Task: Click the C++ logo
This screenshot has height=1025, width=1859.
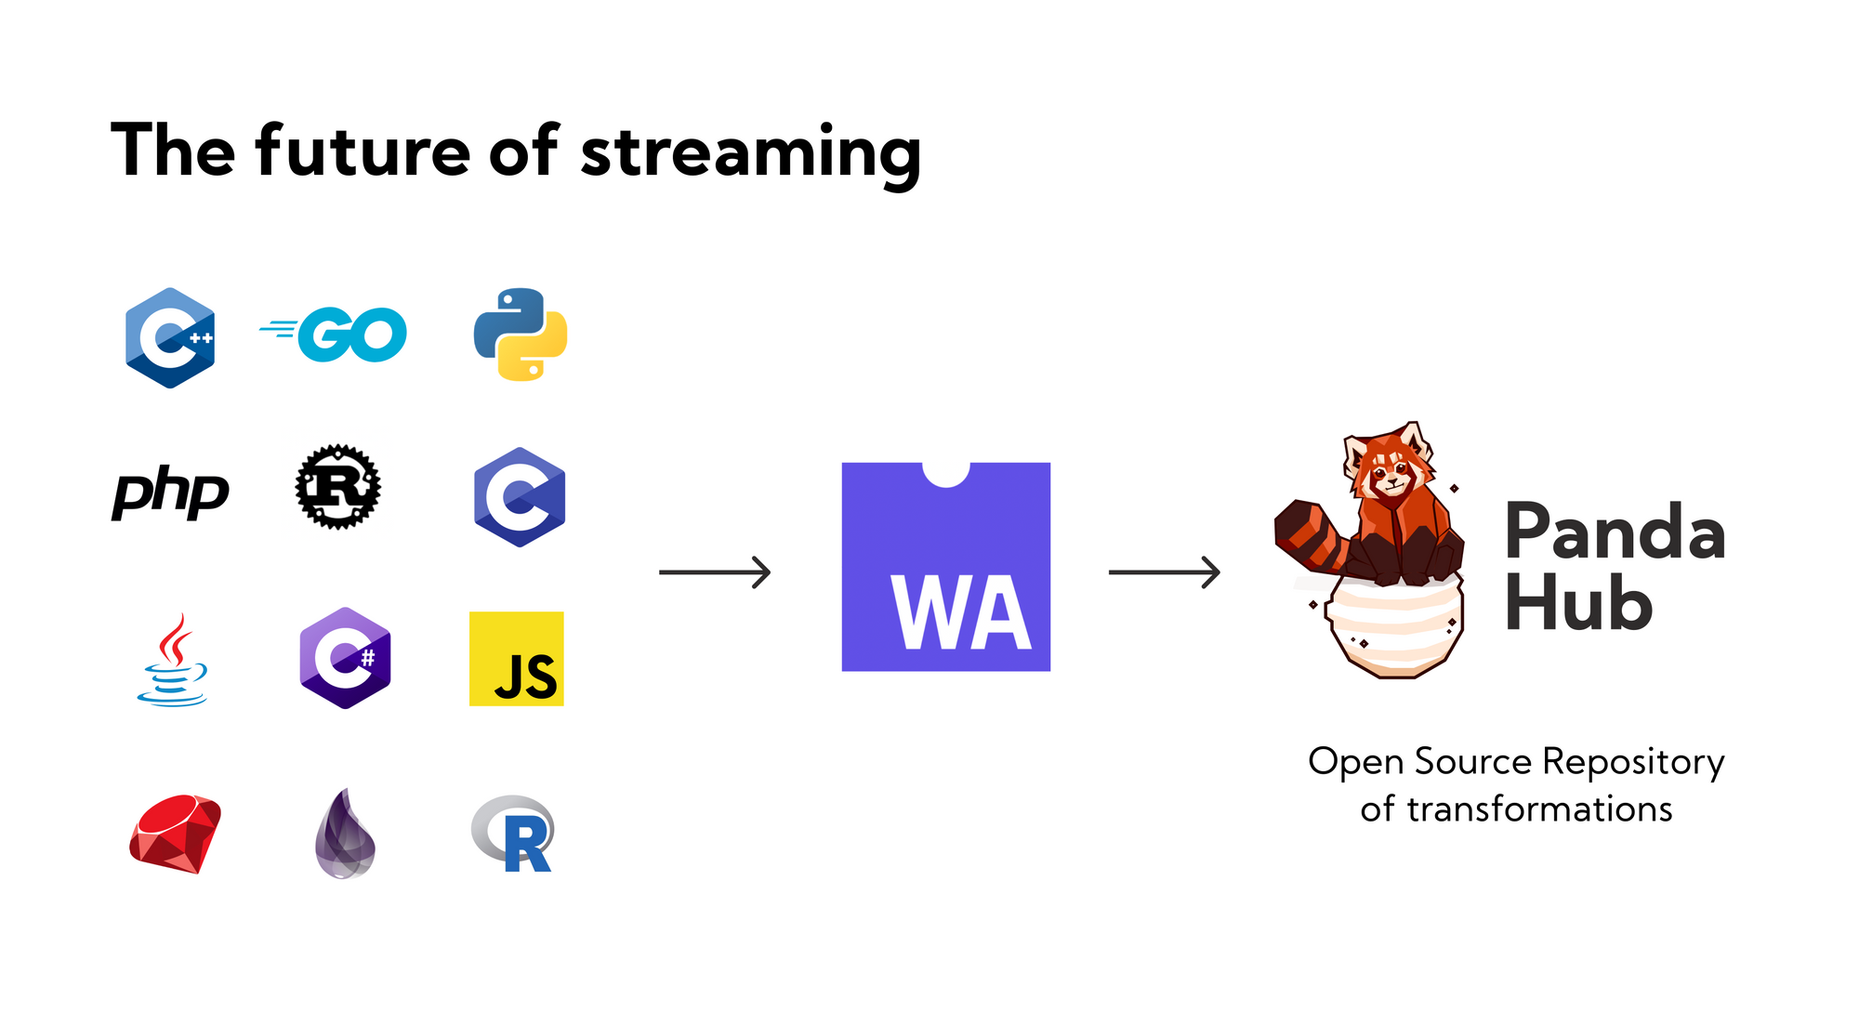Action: pyautogui.click(x=170, y=337)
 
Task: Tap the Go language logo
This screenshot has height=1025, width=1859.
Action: pyautogui.click(x=333, y=335)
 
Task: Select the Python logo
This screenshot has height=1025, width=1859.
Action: pyautogui.click(x=521, y=335)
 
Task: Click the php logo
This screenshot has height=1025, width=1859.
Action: pyautogui.click(x=170, y=493)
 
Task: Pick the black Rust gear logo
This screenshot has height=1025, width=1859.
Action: pyautogui.click(x=338, y=487)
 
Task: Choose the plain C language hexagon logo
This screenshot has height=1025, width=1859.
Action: pyautogui.click(x=520, y=497)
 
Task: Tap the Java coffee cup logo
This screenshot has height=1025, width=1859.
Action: pyautogui.click(x=173, y=659)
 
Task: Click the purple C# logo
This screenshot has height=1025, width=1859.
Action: pyautogui.click(x=345, y=658)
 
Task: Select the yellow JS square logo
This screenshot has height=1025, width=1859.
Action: pyautogui.click(x=517, y=659)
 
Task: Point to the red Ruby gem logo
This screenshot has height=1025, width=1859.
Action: pyautogui.click(x=176, y=834)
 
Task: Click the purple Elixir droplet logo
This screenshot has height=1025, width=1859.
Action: pyautogui.click(x=345, y=834)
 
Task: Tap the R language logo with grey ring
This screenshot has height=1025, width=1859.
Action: pyautogui.click(x=513, y=834)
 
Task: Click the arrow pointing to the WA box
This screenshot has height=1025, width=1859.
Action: pyautogui.click(x=715, y=572)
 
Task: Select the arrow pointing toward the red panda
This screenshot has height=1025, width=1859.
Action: pyautogui.click(x=1165, y=572)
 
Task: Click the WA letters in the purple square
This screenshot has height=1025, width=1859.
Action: pyautogui.click(x=962, y=612)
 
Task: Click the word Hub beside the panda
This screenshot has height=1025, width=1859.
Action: pyautogui.click(x=1578, y=602)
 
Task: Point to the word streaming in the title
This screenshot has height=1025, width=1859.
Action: pyautogui.click(x=751, y=153)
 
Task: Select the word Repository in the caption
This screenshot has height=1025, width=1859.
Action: pyautogui.click(x=1633, y=763)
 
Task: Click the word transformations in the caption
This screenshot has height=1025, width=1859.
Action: pyautogui.click(x=1539, y=808)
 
